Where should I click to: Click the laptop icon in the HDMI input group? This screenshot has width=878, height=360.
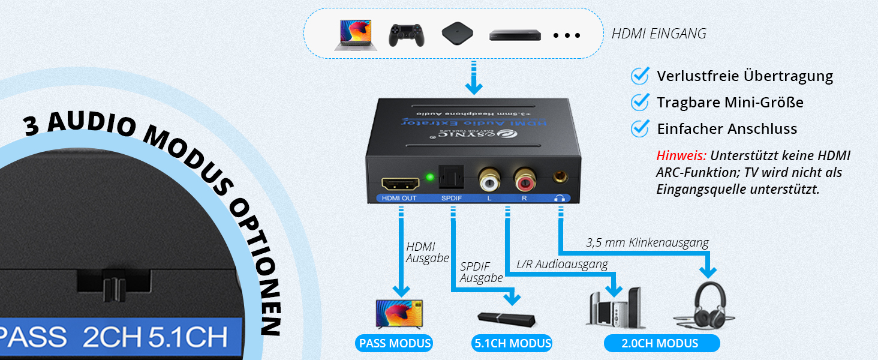point(356,35)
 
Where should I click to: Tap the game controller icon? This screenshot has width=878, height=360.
point(407,35)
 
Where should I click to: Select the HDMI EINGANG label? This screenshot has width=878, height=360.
point(659,34)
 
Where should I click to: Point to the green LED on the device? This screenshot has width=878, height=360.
point(430,178)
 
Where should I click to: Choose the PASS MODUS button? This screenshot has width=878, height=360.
point(394,344)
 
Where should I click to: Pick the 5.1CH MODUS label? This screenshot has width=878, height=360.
point(512,344)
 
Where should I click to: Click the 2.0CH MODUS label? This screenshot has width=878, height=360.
point(661,344)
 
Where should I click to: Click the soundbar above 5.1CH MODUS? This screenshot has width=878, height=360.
point(507,319)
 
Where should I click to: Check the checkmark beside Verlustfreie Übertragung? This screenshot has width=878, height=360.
point(641,76)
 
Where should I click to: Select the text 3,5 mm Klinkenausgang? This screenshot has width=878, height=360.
point(647,243)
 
